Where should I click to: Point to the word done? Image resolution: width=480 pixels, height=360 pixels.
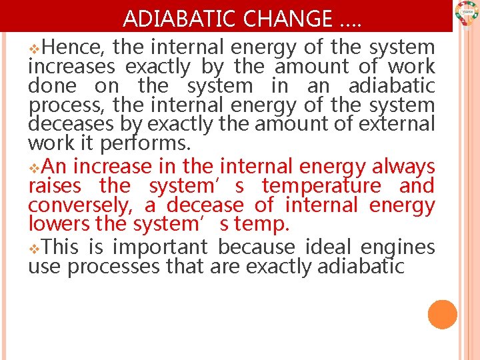(52, 86)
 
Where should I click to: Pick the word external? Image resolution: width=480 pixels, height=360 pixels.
(397, 125)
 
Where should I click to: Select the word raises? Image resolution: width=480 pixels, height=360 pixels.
(55, 186)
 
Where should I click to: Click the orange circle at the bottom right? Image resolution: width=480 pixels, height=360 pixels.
(443, 315)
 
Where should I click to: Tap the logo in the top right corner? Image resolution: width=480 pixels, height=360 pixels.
(466, 13)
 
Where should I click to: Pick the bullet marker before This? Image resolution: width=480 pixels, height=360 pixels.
(35, 248)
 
